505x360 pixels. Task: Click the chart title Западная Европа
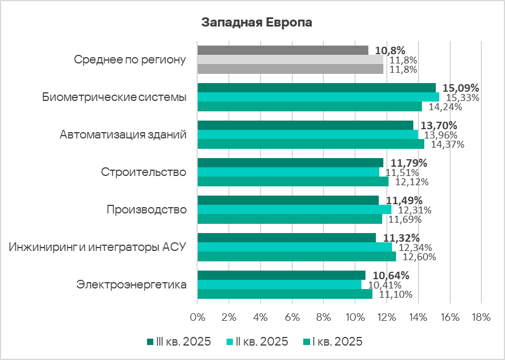tap(257, 23)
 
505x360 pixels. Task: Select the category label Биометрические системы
tap(114, 97)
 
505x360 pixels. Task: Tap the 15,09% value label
tap(460, 88)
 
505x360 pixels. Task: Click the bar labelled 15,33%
tap(318, 97)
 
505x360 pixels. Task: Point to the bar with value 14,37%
tap(311, 144)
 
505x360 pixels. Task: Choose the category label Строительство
tap(144, 172)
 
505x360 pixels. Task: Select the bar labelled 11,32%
tap(287, 238)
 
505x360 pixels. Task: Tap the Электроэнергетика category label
tap(131, 284)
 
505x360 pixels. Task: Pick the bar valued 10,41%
tap(280, 284)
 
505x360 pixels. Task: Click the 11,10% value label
tap(397, 294)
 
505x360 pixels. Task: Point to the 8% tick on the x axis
tap(323, 317)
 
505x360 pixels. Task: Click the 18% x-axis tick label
tap(481, 317)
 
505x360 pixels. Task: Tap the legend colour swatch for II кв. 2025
tap(230, 342)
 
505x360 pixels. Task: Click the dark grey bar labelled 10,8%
tap(282, 50)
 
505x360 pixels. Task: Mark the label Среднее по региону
tap(130, 59)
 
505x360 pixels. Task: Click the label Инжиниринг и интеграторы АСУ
tap(97, 247)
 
